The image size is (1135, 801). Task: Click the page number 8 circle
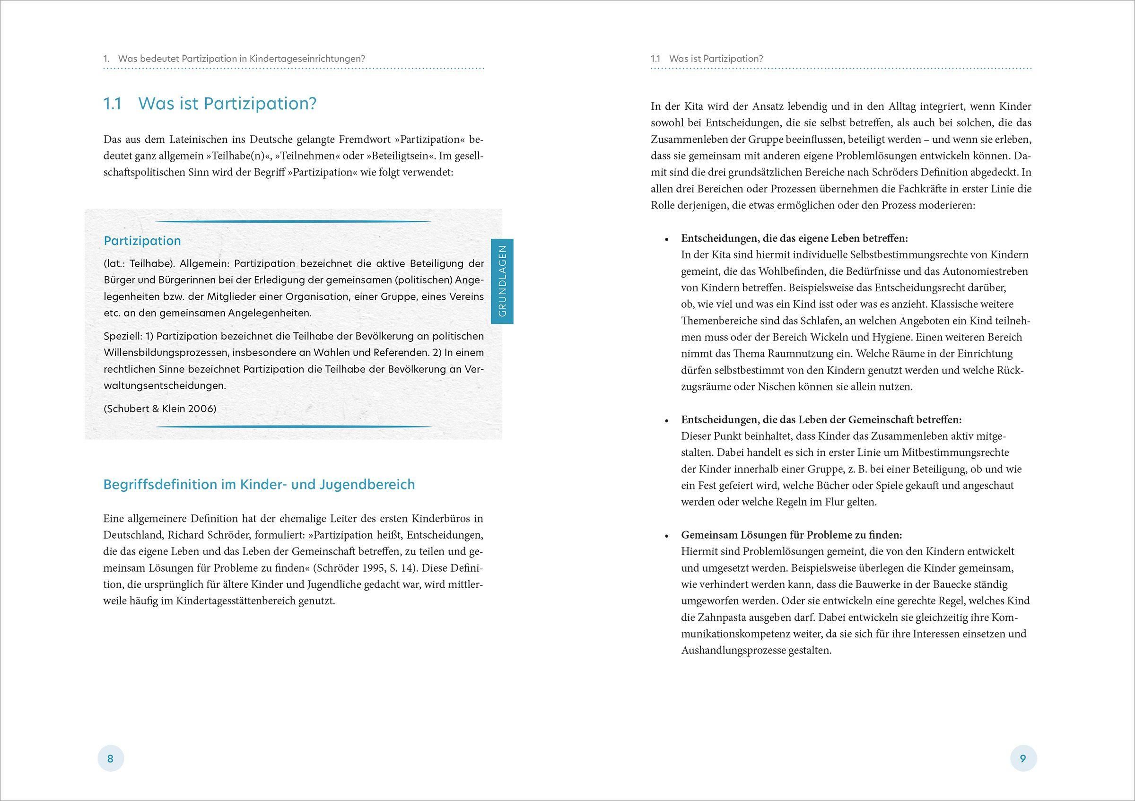111,758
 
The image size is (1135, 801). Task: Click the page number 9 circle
1023,758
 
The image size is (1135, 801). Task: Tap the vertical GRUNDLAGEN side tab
502,281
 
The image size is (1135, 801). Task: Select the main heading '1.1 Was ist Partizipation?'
210,104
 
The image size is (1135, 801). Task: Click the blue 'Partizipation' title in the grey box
142,241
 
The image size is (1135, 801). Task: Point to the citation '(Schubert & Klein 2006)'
160,409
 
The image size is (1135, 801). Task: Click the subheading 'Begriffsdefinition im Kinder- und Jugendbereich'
259,484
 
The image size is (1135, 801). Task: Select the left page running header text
234,58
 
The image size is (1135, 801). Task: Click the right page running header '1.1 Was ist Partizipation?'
707,58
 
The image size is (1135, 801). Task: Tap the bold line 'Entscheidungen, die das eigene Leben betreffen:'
794,238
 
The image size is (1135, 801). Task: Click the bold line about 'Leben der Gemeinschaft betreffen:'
821,419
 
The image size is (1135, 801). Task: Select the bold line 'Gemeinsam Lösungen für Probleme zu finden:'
792,535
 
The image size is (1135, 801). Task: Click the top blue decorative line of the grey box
294,221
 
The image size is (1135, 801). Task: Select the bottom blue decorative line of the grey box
294,427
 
